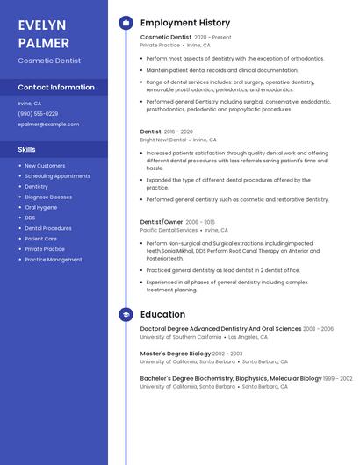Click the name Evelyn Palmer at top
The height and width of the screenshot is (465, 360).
click(x=44, y=33)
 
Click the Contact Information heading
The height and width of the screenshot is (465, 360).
click(x=56, y=87)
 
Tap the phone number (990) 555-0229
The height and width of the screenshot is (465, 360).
click(x=38, y=113)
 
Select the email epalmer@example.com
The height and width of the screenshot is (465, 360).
click(x=48, y=124)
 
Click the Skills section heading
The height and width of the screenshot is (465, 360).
click(x=27, y=149)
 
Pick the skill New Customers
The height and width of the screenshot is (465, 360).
click(x=45, y=165)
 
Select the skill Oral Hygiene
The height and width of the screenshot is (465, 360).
click(x=41, y=207)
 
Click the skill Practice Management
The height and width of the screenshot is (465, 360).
click(x=53, y=260)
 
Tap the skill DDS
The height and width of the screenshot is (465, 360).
click(x=30, y=218)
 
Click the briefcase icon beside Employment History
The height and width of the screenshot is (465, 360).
click(x=126, y=23)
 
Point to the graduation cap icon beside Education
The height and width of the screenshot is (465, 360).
click(x=126, y=314)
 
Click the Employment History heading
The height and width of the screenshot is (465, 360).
click(x=185, y=23)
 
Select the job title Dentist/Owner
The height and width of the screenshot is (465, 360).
click(x=162, y=222)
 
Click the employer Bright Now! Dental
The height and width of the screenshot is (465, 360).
click(x=163, y=139)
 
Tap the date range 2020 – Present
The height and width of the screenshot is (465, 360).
click(x=212, y=38)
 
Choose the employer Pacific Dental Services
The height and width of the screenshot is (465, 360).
click(x=169, y=230)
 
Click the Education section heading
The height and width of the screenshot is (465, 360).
click(x=162, y=314)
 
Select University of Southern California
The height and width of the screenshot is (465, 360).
click(x=181, y=337)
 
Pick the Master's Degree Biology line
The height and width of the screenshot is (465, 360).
click(x=176, y=354)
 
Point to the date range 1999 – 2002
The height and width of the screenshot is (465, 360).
click(x=338, y=378)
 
